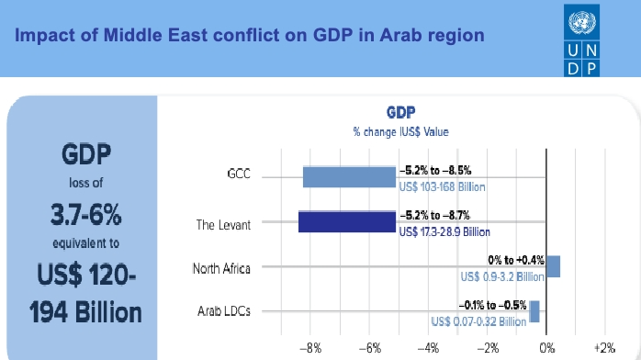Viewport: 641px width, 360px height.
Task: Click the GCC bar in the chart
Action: click(x=349, y=176)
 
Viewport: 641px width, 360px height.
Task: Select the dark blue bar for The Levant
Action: click(x=346, y=221)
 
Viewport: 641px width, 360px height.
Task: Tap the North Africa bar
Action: click(x=553, y=266)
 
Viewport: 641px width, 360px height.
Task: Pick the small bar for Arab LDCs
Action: click(x=534, y=312)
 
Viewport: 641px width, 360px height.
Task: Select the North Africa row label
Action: click(x=220, y=268)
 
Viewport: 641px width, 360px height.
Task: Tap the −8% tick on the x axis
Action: click(x=311, y=348)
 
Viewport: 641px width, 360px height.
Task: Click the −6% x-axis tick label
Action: click(x=370, y=348)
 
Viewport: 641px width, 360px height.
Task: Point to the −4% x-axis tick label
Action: click(x=429, y=348)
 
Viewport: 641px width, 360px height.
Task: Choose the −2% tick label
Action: click(x=488, y=348)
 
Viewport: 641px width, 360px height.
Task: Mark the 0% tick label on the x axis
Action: click(x=546, y=348)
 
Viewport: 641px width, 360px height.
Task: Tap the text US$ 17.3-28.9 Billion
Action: click(x=444, y=231)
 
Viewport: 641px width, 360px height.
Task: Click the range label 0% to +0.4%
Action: click(x=516, y=262)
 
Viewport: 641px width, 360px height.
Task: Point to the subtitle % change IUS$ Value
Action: click(x=400, y=131)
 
